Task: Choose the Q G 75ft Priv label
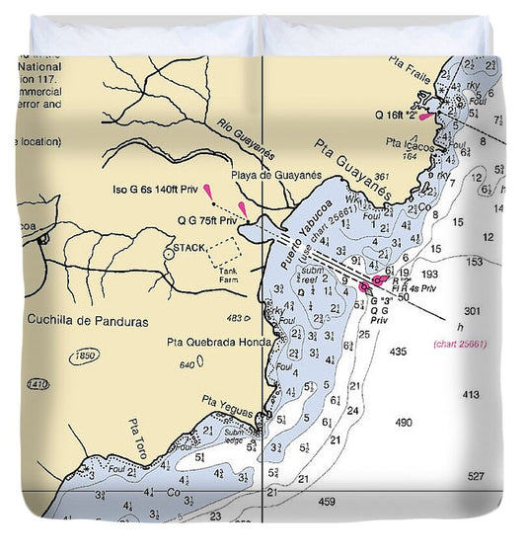coord(207,220)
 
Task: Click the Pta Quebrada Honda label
coord(218,344)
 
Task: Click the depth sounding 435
coord(399,352)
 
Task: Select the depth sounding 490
coord(404,423)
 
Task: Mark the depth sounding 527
coord(477,477)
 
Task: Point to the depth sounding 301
coord(472,311)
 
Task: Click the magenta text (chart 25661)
coord(459,344)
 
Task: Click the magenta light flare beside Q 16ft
coord(425,117)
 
